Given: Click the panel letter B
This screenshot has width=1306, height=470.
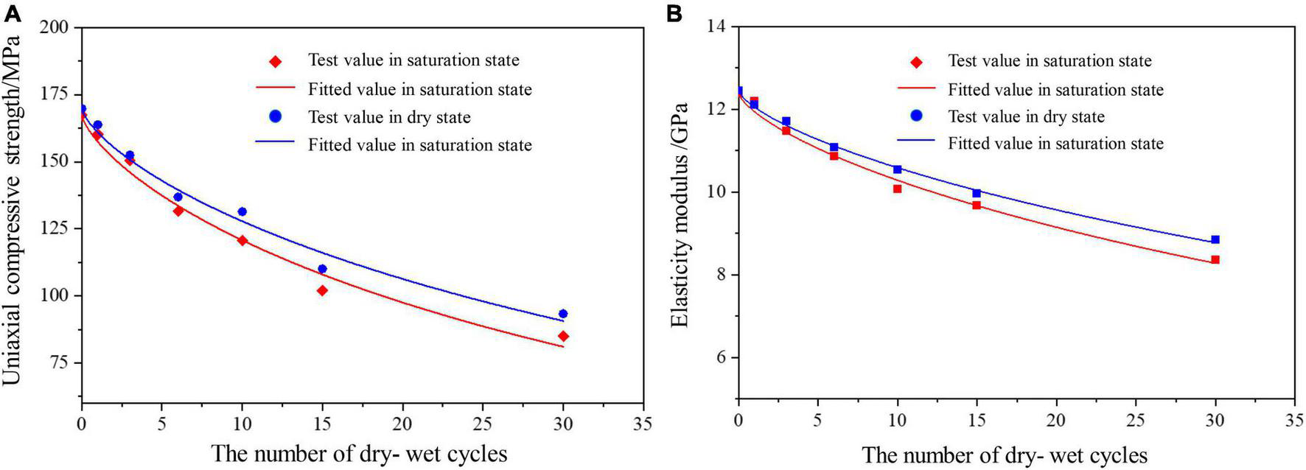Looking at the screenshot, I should coord(674,14).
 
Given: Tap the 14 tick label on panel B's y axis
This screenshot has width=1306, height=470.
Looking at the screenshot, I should coord(716,27).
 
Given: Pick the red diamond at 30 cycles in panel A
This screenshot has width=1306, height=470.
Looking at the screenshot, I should coord(563,336).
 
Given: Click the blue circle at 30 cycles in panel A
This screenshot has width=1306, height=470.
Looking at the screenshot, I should coord(563,314).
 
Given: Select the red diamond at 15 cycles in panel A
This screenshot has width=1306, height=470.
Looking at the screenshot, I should coord(322,290).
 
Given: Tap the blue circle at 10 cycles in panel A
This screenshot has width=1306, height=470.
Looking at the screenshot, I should coord(242,211).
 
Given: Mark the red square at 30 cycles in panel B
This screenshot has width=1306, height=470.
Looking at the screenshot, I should coord(1215,259).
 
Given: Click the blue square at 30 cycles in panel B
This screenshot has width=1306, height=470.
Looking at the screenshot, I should coord(1215,239).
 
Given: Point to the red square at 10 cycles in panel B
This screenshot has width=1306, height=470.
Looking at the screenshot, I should coord(897,189).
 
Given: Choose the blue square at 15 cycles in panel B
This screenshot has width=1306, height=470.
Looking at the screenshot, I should coord(977,193).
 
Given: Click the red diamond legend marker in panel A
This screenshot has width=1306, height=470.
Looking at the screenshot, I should coord(276,61).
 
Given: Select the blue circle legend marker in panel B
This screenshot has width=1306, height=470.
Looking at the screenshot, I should coord(916,116).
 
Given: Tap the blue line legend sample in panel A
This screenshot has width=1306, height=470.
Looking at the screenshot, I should coord(276,145).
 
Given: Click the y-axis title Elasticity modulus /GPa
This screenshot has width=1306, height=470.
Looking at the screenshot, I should coord(680,214).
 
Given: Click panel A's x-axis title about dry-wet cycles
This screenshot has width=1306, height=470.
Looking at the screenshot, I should coord(359,453).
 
